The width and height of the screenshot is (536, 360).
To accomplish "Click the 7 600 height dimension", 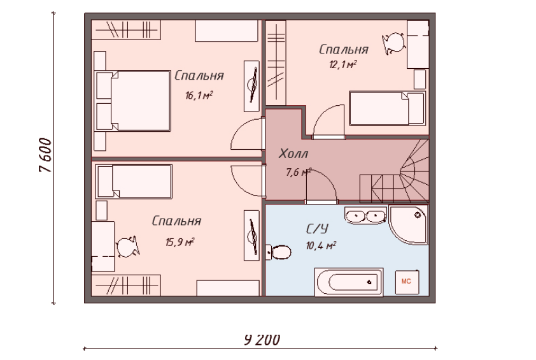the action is [45, 155].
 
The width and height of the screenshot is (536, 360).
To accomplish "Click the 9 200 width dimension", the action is [262, 340].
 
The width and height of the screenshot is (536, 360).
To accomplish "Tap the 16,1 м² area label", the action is [199, 95].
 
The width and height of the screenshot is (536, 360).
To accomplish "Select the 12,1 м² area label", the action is [343, 64].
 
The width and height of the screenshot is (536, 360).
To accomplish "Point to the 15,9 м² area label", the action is [180, 242].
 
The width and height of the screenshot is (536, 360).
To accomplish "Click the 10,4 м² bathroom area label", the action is [321, 245].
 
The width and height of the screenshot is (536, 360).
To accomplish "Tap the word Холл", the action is [293, 154].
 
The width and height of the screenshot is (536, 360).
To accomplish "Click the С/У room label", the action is [317, 229].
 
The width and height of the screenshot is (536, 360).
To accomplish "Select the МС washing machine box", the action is [407, 282].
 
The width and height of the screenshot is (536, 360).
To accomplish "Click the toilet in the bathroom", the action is [279, 252].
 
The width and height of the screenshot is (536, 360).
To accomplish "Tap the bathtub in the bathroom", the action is [349, 282].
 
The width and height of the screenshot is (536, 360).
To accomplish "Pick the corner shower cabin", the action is [408, 224].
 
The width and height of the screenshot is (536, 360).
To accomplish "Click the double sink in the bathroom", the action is [365, 215].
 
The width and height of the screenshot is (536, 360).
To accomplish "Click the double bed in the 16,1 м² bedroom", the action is [132, 101].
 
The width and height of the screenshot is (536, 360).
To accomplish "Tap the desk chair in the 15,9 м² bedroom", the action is [128, 247].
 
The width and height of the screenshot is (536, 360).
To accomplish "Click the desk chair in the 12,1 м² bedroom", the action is [394, 43].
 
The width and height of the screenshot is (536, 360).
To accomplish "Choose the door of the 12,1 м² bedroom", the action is [328, 122].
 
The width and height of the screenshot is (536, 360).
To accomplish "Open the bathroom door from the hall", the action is [321, 186].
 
